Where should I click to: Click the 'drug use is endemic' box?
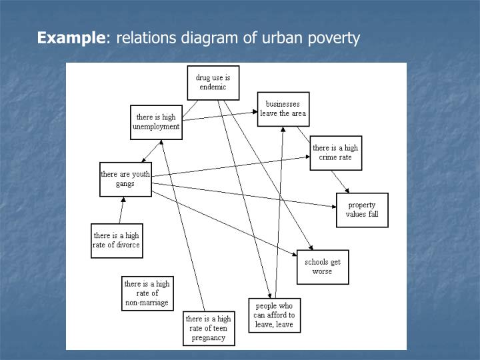[x=213, y=83]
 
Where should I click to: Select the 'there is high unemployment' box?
[x=157, y=121]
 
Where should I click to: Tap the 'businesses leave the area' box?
[x=283, y=109]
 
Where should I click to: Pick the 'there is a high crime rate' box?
[x=335, y=153]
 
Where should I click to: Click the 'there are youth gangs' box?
[x=125, y=179]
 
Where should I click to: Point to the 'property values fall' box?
[x=361, y=210]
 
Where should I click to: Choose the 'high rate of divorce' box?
[x=117, y=240]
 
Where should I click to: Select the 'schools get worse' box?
[x=323, y=267]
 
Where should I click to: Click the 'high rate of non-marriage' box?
[x=147, y=293]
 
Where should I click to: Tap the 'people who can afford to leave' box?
[x=274, y=315]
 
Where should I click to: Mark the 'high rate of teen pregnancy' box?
[x=209, y=328]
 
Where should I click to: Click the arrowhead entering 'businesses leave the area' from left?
[x=255, y=113]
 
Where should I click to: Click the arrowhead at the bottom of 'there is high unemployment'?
[x=164, y=143]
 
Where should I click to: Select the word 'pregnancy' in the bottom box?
[x=209, y=337]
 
